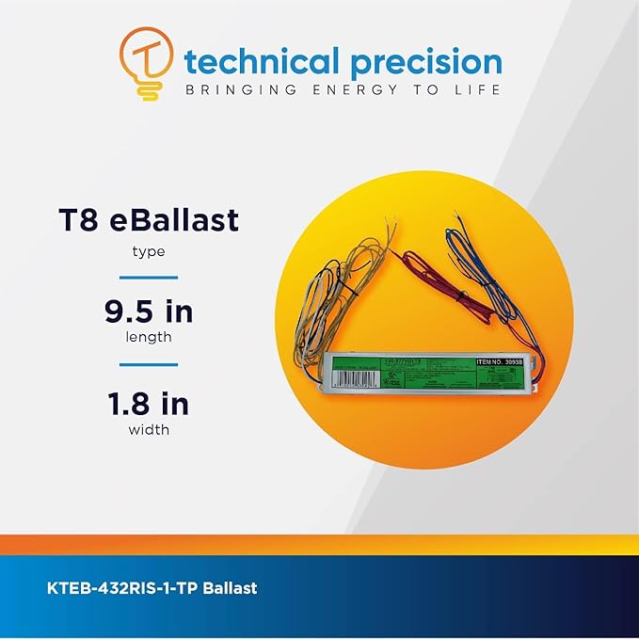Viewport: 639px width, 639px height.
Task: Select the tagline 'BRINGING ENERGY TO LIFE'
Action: pyautogui.click(x=343, y=90)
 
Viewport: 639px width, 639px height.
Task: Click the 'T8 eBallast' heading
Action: pyautogui.click(x=149, y=221)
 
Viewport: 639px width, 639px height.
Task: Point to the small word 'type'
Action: pyautogui.click(x=149, y=252)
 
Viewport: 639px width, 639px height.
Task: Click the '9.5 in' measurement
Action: pyautogui.click(x=149, y=312)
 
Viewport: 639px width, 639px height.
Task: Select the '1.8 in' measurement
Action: pyautogui.click(x=149, y=404)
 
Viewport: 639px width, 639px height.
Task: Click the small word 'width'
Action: pyautogui.click(x=149, y=431)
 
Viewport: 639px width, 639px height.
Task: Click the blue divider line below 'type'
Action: pyautogui.click(x=149, y=277)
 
